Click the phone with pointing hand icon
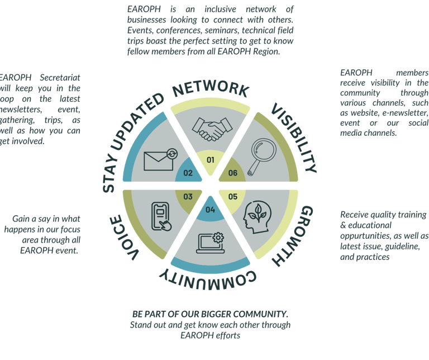point(161,216)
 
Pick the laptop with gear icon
point(209,243)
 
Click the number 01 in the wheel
point(210,160)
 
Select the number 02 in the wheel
point(188,173)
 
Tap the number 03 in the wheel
point(188,196)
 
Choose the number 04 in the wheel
point(210,210)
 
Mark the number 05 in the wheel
point(232,196)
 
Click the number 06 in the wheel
point(232,173)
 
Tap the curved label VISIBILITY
point(294,136)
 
